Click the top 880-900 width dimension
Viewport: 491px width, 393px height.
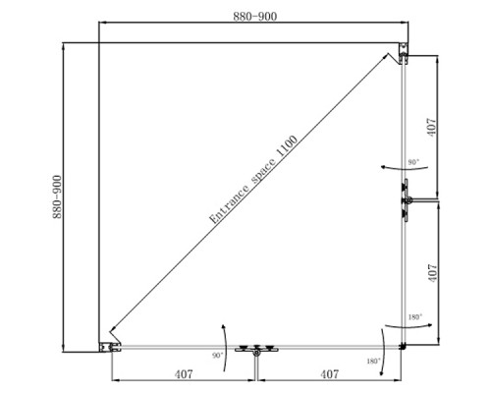(x=254, y=17)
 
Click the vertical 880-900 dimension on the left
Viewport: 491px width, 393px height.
(x=57, y=196)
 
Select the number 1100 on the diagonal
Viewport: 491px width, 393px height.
(x=287, y=146)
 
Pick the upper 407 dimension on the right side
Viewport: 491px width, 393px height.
(x=432, y=128)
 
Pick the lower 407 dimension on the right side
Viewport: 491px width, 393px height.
(x=432, y=273)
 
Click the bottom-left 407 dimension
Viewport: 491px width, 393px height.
(x=184, y=374)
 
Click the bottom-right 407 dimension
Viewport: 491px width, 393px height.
(x=330, y=374)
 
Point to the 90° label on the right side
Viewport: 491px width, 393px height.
(x=413, y=162)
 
